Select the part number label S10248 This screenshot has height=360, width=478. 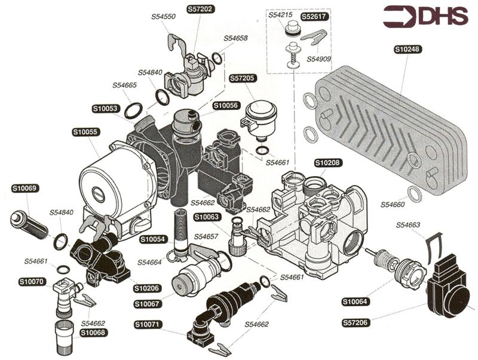407,50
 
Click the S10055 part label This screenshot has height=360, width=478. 85,131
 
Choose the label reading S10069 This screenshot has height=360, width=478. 24,188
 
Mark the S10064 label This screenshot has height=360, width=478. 356,301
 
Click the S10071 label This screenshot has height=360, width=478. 148,325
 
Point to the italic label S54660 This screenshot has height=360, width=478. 394,205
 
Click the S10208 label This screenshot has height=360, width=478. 328,162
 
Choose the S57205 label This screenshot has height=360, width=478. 243,78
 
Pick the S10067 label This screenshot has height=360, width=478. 146,304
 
